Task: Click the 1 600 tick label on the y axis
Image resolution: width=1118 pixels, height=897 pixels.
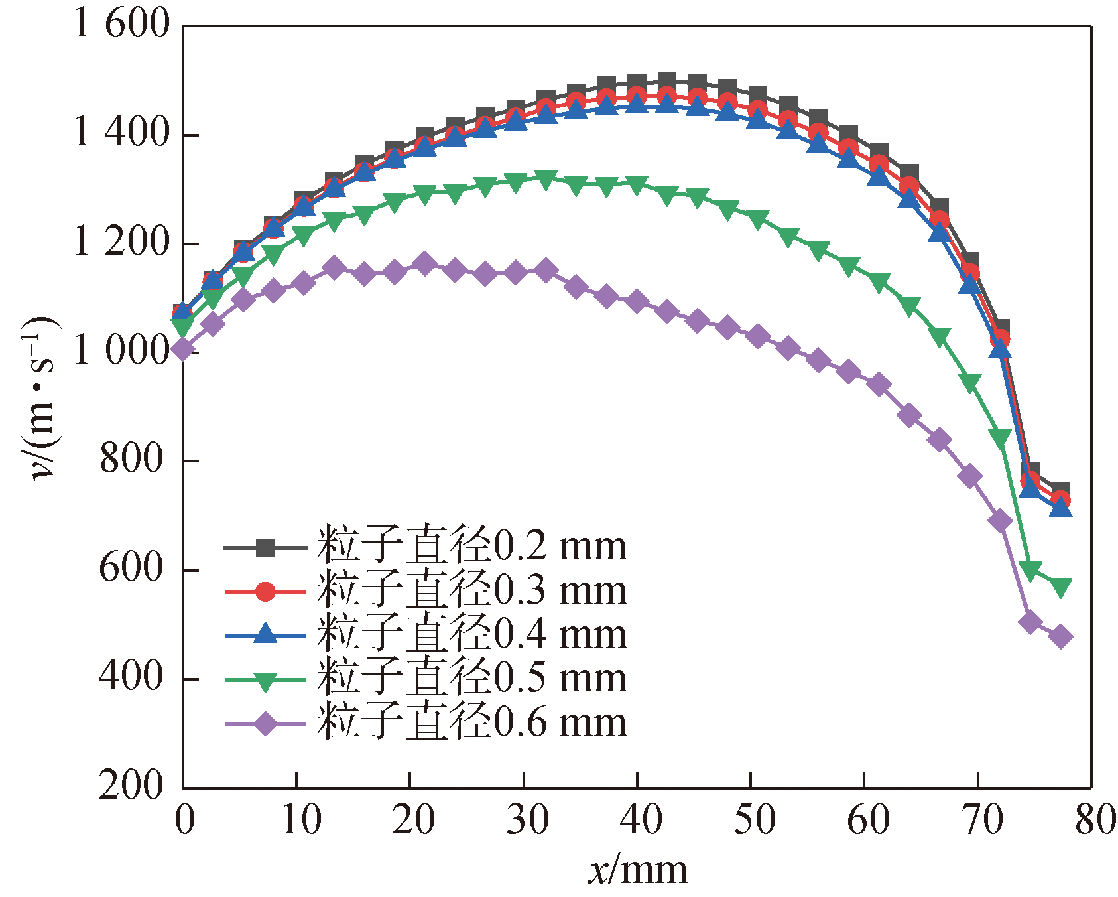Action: coord(122,25)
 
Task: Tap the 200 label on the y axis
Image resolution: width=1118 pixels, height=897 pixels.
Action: coord(131,786)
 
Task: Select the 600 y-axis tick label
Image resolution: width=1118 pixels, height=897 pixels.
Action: coord(131,569)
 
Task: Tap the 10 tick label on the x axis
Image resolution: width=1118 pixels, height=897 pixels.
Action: coord(300,820)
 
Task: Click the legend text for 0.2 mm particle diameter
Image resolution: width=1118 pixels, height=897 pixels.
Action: coord(471,547)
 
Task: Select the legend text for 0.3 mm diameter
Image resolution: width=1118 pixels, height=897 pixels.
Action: coord(471,590)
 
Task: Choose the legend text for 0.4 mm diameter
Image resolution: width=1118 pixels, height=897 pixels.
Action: coord(471,634)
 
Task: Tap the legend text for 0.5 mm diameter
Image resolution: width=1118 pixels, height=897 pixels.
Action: coord(471,678)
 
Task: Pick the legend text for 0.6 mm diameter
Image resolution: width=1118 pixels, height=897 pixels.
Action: coord(471,722)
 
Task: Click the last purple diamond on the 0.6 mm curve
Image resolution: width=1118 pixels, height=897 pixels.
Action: coord(1061,637)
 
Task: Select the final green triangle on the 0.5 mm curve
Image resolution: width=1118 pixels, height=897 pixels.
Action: coord(1061,587)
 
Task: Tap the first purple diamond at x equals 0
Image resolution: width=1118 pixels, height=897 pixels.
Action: coord(183,349)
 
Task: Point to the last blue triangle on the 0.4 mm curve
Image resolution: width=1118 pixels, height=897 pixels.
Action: coord(1061,508)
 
